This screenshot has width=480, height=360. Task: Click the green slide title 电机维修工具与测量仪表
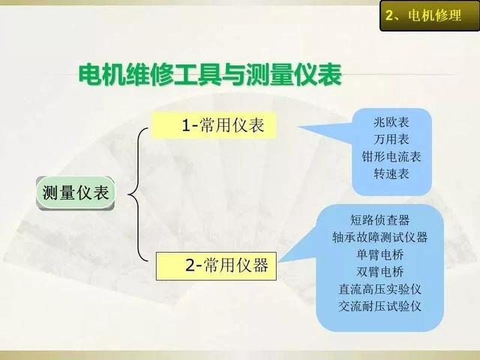210,74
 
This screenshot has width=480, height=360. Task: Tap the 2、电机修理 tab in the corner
430,16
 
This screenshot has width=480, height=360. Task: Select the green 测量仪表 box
75,193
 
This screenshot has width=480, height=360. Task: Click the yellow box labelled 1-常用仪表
214,125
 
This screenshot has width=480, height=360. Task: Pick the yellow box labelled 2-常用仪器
216,266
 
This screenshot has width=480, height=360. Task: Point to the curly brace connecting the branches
138,195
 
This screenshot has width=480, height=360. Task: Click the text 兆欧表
391,122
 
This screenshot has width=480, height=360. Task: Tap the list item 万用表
391,139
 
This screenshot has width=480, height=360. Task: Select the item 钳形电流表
391,157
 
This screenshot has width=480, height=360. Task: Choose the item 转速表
391,173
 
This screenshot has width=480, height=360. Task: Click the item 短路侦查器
380,220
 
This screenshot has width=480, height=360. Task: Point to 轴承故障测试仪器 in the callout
380,237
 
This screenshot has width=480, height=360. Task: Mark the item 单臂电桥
380,255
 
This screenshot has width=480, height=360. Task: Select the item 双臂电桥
380,271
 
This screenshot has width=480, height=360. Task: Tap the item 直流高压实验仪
380,289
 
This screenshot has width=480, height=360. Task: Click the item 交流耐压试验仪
380,306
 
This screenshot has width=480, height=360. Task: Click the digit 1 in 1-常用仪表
186,125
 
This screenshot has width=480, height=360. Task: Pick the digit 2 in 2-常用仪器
190,265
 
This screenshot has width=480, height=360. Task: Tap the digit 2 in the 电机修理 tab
389,15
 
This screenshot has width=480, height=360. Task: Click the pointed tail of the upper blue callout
298,127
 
